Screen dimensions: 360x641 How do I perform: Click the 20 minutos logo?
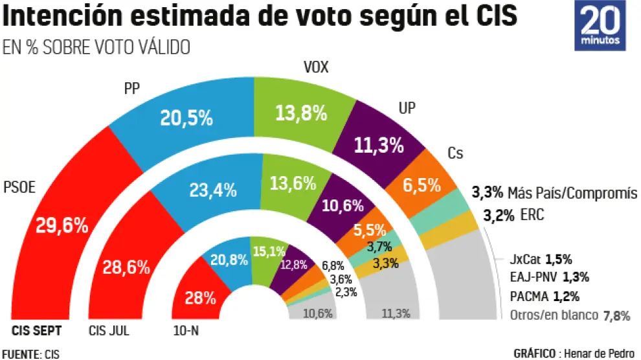point(601,25)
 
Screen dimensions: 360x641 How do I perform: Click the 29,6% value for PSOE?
point(62,225)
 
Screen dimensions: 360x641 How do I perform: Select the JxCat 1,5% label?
point(541,259)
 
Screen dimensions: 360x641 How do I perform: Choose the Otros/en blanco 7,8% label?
point(568,315)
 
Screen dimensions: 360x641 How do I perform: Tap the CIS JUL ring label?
point(109,331)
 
